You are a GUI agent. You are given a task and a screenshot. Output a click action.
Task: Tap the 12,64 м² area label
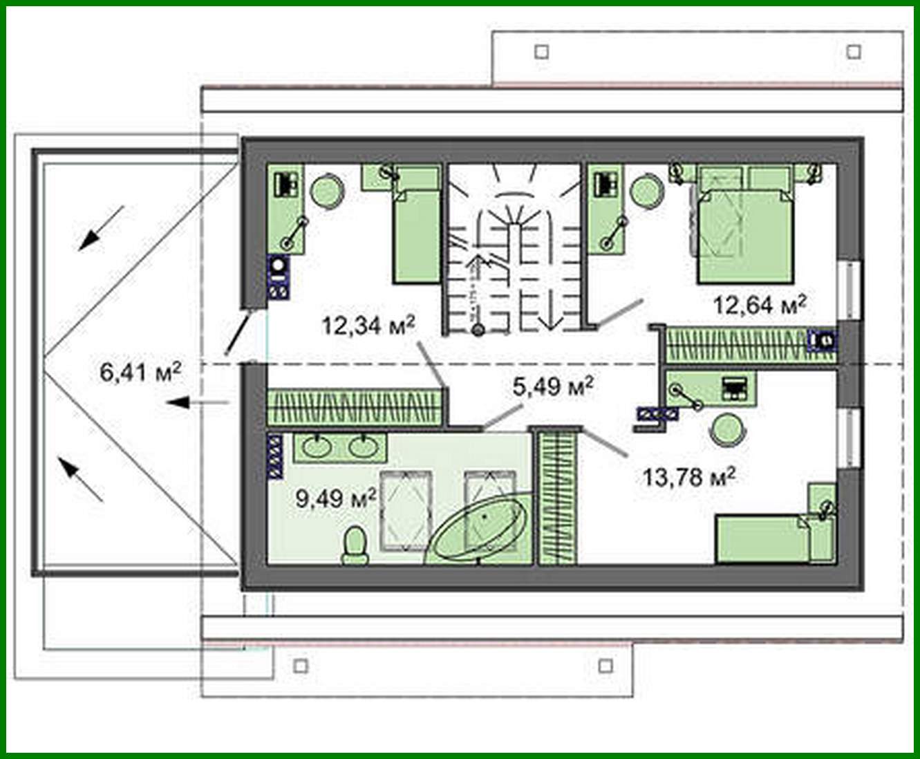(x=760, y=304)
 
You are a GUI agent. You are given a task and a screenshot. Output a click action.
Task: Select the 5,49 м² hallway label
(x=553, y=386)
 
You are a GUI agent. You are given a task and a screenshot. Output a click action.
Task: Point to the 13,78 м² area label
(x=688, y=476)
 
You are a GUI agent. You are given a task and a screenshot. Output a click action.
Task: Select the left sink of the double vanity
(x=319, y=447)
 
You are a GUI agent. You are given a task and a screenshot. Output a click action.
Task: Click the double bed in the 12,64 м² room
(x=745, y=235)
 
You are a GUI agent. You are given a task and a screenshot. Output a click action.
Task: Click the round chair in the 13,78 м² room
(x=727, y=429)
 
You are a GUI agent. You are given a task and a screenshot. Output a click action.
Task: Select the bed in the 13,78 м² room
(x=764, y=538)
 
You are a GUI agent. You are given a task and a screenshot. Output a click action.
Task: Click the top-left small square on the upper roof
(x=542, y=52)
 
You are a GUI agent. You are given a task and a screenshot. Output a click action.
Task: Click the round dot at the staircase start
(x=477, y=330)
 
